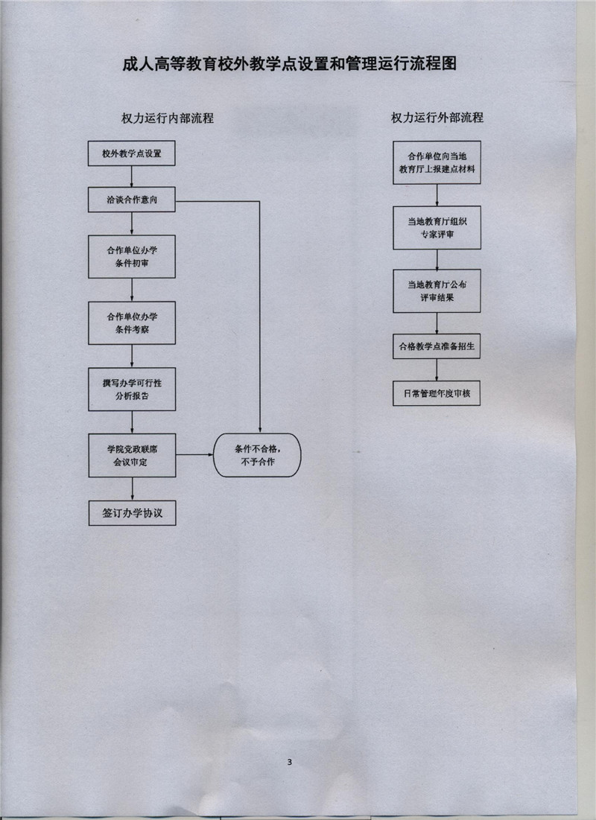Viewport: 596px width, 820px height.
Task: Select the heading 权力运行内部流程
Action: [x=168, y=118]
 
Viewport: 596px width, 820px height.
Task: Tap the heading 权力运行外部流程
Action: [x=437, y=118]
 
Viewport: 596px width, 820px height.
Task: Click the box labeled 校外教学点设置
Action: [x=132, y=154]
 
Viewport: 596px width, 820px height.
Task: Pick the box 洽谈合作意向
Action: [x=132, y=200]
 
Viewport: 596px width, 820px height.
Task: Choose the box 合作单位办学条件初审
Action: [x=132, y=257]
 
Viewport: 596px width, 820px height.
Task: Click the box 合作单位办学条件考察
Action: [x=132, y=322]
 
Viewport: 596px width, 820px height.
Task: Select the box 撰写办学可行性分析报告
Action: [x=132, y=389]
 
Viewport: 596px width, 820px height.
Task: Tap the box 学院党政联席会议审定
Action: [x=132, y=454]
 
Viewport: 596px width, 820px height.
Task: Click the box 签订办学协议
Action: [x=132, y=513]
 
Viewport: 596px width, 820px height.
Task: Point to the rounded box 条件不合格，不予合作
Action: [x=257, y=454]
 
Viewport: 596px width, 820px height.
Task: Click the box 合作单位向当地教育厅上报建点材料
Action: [x=437, y=162]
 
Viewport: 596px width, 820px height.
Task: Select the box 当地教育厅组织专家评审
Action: [x=437, y=228]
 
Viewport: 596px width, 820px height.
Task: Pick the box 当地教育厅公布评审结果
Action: [x=437, y=290]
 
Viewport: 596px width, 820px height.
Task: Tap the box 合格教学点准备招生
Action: [x=437, y=346]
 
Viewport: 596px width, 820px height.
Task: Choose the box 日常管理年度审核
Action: [x=437, y=393]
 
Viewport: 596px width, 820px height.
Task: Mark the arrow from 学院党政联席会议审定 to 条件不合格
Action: [x=195, y=454]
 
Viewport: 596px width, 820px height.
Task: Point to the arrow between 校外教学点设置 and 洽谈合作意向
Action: [x=132, y=177]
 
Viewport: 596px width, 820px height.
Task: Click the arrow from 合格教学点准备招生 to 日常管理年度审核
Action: [x=437, y=370]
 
